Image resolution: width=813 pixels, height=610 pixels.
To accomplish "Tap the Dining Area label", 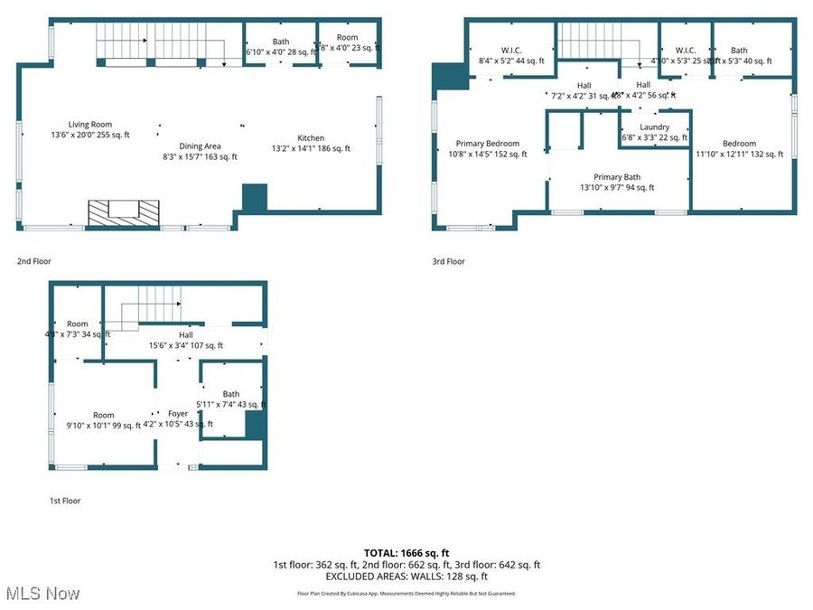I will pyautogui.click(x=200, y=151).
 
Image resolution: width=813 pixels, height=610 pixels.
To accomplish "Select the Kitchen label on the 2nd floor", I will pyautogui.click(x=311, y=143).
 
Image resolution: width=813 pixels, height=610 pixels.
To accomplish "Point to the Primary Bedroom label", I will pyautogui.click(x=488, y=148).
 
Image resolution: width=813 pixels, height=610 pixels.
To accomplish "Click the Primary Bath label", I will pyautogui.click(x=617, y=182).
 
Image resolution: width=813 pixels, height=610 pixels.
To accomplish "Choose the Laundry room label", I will pyautogui.click(x=654, y=132).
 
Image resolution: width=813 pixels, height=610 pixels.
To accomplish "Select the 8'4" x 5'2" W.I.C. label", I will pyautogui.click(x=512, y=55).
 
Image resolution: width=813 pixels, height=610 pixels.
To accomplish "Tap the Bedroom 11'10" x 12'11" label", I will pyautogui.click(x=739, y=148).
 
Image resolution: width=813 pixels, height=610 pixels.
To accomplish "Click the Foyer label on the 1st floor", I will pyautogui.click(x=178, y=418).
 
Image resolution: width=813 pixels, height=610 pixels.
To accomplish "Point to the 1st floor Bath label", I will pyautogui.click(x=231, y=399).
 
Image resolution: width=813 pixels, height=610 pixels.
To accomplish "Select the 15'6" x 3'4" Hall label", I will pyautogui.click(x=186, y=340).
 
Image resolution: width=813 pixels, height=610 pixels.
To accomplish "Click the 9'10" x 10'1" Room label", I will pyautogui.click(x=104, y=420).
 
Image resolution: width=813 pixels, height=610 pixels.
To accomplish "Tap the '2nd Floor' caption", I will pyautogui.click(x=34, y=261).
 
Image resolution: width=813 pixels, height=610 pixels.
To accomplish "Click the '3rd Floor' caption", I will pyautogui.click(x=448, y=261).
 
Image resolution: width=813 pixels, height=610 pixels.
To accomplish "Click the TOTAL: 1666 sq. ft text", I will pyautogui.click(x=406, y=552).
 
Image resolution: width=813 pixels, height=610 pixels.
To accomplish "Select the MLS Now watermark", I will pyautogui.click(x=42, y=594).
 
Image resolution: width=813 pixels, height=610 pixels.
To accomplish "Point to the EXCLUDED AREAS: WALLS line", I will pyautogui.click(x=406, y=576).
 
